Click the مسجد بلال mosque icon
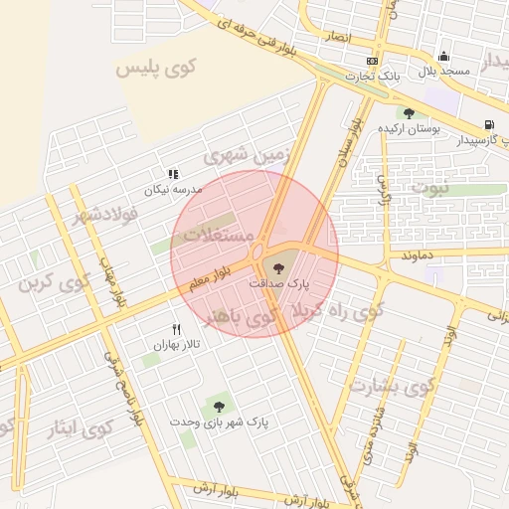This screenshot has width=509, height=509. click(x=443, y=57)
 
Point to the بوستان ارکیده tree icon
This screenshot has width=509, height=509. click(x=409, y=113)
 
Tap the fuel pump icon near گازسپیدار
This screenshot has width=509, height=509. click(x=487, y=125)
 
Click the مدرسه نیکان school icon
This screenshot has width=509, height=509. click(x=173, y=173)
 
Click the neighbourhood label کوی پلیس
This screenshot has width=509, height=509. click(x=156, y=68)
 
